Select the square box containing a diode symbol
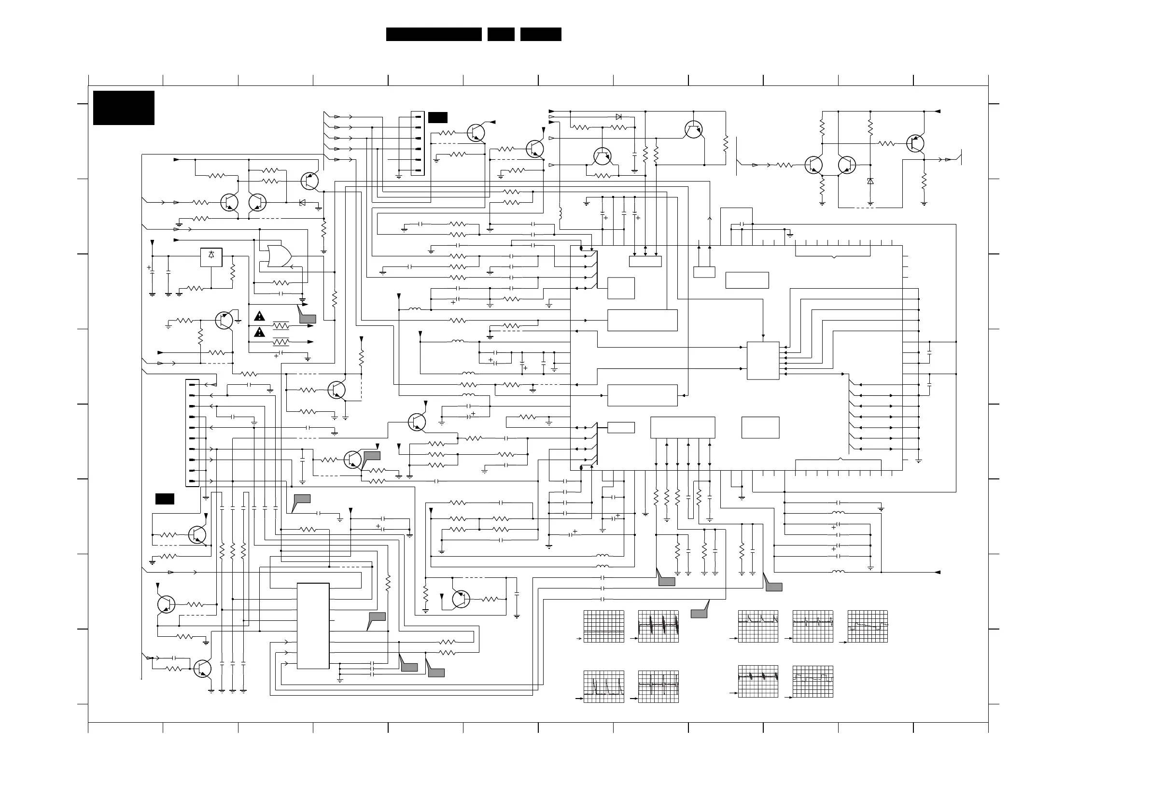pos(211,257)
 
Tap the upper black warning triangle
pos(259,316)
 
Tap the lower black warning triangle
pos(259,332)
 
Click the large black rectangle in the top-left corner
pos(124,108)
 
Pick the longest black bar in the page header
pos(434,34)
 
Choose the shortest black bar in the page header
pos(501,34)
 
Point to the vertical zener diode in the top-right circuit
pos(870,181)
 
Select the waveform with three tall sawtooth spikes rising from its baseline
pos(603,686)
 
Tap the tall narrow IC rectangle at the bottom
pos(313,625)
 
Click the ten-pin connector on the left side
pos(192,433)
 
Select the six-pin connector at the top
pos(418,143)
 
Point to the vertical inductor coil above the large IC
pos(560,214)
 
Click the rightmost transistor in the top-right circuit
pos(915,143)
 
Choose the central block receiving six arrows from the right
pos(763,360)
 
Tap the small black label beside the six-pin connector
pos(437,118)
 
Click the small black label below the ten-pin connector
pos(165,499)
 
